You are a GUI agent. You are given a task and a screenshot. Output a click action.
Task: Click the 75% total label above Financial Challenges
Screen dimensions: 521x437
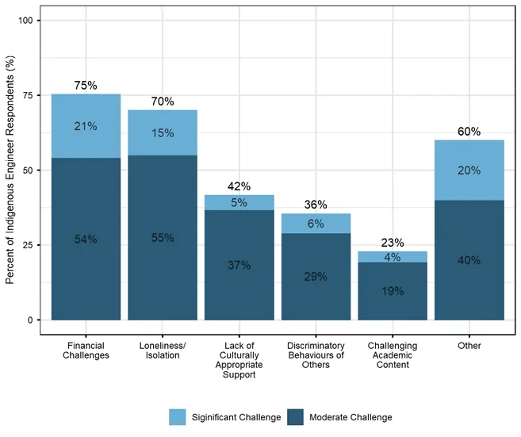pyautogui.click(x=86, y=86)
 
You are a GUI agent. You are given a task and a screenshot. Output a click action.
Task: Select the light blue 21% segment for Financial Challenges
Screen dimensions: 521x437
pyautogui.click(x=86, y=126)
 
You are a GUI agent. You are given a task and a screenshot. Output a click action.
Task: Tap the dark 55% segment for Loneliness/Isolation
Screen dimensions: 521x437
pyautogui.click(x=163, y=238)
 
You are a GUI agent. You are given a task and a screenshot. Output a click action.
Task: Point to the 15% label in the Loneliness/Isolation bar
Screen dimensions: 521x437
pyautogui.click(x=163, y=133)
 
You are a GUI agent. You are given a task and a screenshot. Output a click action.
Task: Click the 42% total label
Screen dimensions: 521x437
pyautogui.click(x=239, y=186)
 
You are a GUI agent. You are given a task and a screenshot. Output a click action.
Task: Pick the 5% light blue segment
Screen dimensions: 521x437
pyautogui.click(x=239, y=202)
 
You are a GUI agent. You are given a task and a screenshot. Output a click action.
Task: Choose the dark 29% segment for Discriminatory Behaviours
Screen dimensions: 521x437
pyautogui.click(x=316, y=277)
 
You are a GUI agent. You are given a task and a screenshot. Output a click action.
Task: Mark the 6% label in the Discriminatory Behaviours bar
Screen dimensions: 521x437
pyautogui.click(x=316, y=224)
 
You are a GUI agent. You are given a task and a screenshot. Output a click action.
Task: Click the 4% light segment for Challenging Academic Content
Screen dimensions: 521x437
pyautogui.click(x=393, y=257)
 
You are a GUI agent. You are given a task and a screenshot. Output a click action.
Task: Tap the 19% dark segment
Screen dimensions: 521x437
pyautogui.click(x=393, y=291)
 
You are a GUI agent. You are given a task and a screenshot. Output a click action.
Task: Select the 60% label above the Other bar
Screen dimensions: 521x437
pyautogui.click(x=469, y=132)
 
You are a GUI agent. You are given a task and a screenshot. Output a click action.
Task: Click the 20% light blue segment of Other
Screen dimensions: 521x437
pyautogui.click(x=469, y=171)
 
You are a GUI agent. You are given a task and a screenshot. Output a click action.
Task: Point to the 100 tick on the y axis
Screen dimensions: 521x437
pyautogui.click(x=25, y=21)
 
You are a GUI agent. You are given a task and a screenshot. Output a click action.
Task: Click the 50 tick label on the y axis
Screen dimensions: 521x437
pyautogui.click(x=28, y=171)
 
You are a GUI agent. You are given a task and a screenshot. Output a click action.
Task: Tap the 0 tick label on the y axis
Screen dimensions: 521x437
pyautogui.click(x=30, y=320)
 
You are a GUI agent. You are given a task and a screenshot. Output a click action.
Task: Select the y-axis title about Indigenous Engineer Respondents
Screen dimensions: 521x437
pyautogui.click(x=10, y=170)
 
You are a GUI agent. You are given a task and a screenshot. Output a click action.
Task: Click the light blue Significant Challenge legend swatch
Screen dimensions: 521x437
pyautogui.click(x=178, y=417)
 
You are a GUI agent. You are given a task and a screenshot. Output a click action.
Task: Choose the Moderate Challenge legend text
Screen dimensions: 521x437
pyautogui.click(x=351, y=417)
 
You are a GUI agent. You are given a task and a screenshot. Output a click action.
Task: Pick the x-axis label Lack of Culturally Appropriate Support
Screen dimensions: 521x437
pyautogui.click(x=239, y=360)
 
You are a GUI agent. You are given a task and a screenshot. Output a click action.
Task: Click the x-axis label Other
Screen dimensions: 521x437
pyautogui.click(x=469, y=346)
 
